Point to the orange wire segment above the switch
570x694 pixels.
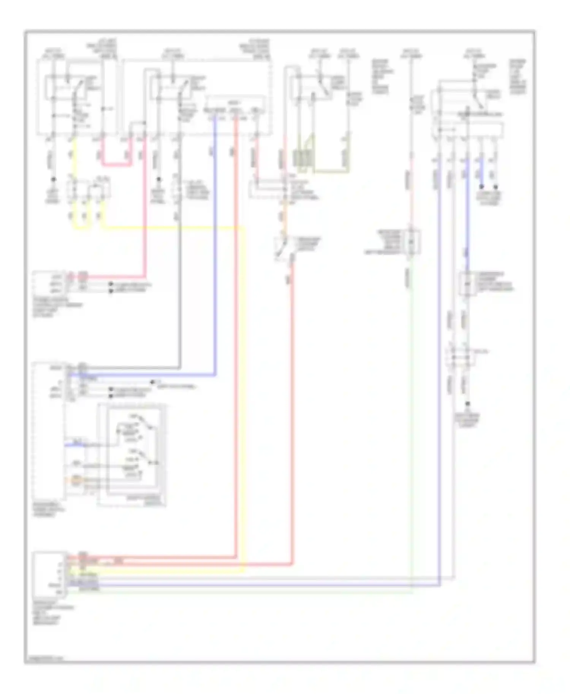[x=282, y=224]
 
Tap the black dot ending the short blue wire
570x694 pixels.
[x=481, y=187]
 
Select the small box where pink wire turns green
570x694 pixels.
[x=412, y=241]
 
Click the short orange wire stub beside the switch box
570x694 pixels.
[x=76, y=479]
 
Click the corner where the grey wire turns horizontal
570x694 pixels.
[x=179, y=368]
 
